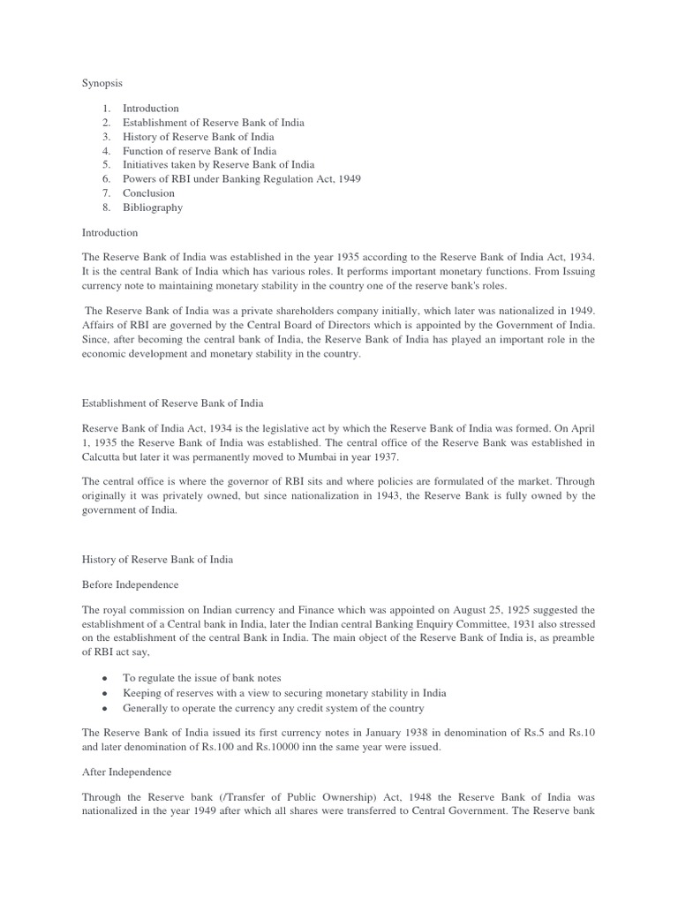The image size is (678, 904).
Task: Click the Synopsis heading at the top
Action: (x=102, y=82)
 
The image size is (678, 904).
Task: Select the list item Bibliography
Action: (x=153, y=207)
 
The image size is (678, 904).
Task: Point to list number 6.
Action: (x=105, y=179)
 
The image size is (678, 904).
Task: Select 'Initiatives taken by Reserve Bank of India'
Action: (x=218, y=165)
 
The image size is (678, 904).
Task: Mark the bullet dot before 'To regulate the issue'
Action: (x=105, y=677)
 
